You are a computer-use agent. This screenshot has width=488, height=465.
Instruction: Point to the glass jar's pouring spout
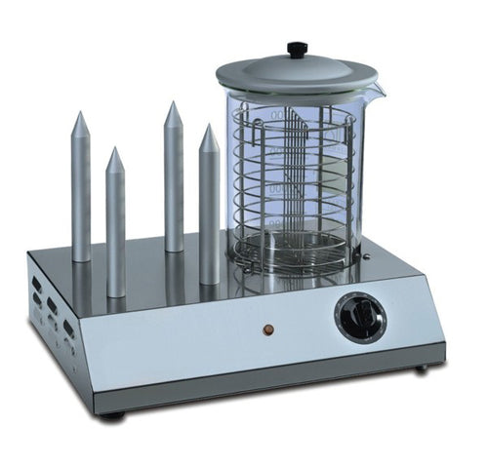(375, 91)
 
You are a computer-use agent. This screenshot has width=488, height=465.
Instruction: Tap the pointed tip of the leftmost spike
(81, 116)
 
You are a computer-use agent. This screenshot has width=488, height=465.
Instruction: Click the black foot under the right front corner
(421, 368)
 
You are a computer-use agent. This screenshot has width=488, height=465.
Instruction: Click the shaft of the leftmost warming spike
(81, 195)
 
